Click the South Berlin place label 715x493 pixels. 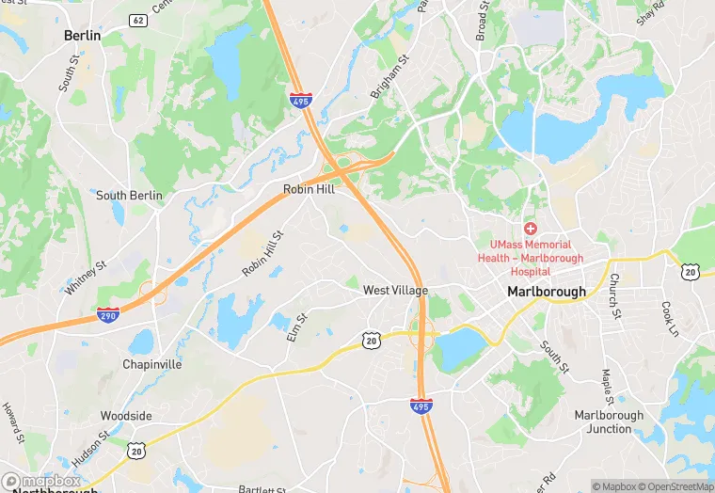[x=129, y=196]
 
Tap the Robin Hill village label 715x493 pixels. [x=310, y=189]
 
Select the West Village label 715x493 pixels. [x=396, y=291]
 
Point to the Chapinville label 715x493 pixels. [x=151, y=364]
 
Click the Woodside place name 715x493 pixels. [x=126, y=416]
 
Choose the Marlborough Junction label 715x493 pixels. [x=609, y=421]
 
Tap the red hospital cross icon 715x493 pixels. [x=531, y=229]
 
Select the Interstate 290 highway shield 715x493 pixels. [x=108, y=315]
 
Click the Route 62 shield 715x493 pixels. [x=138, y=20]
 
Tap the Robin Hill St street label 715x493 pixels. [x=262, y=254]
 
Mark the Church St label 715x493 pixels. [x=613, y=294]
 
